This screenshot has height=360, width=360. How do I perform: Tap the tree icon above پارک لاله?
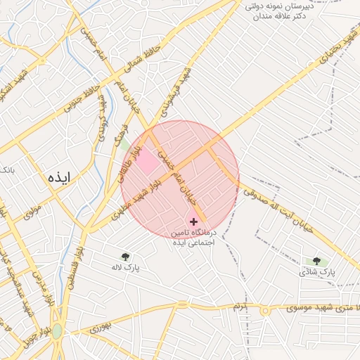click(x=126, y=257)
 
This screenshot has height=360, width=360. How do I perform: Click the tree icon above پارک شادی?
click(x=316, y=261)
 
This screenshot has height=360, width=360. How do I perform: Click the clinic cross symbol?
click(x=194, y=221)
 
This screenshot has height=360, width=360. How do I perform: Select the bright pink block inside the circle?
click(x=148, y=163)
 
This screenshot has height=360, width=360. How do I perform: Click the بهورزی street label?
click(x=101, y=328)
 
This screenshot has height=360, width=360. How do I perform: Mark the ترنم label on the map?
click(x=240, y=307)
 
